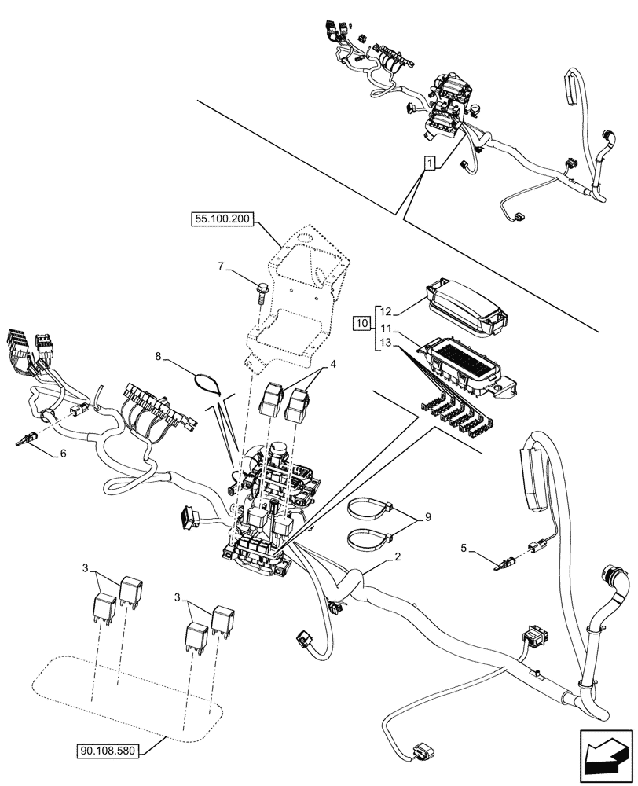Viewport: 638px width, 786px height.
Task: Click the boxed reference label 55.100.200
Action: tap(221, 220)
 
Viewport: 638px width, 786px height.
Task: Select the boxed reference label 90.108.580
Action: tap(108, 751)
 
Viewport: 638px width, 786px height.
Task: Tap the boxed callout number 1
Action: tap(428, 163)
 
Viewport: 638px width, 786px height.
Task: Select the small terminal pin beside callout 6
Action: tap(26, 441)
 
